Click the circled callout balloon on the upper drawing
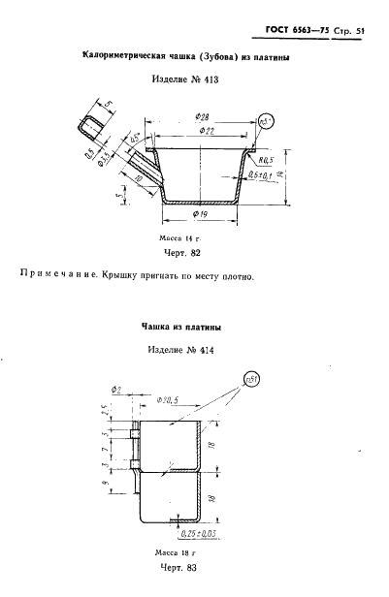coord(269,121)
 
